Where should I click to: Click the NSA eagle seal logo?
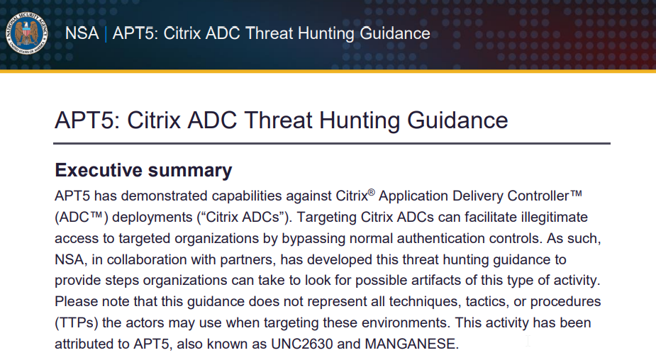point(27,33)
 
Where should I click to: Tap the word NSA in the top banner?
point(82,33)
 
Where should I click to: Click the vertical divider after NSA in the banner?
point(106,33)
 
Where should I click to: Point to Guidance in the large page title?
point(457,120)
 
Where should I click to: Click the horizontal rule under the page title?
point(332,143)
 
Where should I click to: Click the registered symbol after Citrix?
point(372,192)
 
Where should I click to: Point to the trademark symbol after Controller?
point(576,193)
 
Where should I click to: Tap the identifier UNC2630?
point(302,344)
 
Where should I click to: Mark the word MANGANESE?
point(410,344)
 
